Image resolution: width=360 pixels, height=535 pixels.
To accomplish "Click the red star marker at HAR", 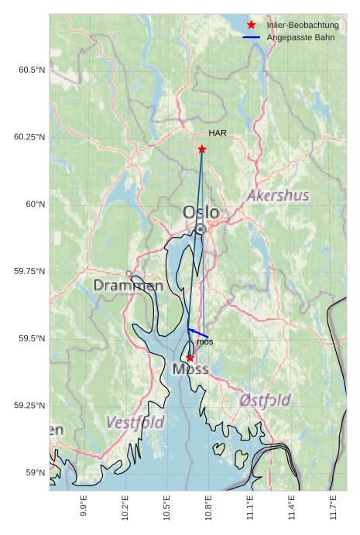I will [202, 149].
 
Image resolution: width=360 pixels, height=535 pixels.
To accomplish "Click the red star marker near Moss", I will [190, 358].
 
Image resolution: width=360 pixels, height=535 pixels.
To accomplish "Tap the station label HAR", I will [218, 133].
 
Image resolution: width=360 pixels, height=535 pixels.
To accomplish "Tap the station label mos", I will [204, 341].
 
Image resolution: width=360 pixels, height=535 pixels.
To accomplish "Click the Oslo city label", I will [201, 212].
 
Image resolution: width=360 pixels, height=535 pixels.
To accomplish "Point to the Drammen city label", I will [128, 286].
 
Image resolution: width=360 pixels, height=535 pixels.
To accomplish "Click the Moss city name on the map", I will [190, 369].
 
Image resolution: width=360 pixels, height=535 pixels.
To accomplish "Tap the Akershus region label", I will [277, 196].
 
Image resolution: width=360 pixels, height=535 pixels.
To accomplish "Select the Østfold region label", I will [265, 400].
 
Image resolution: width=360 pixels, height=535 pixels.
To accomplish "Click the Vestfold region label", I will [135, 423].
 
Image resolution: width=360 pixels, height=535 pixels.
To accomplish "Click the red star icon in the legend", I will [251, 26].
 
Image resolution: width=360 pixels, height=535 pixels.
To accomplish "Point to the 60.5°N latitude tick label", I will [31, 70].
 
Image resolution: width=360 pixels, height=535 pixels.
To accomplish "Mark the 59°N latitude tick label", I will [34, 472].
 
